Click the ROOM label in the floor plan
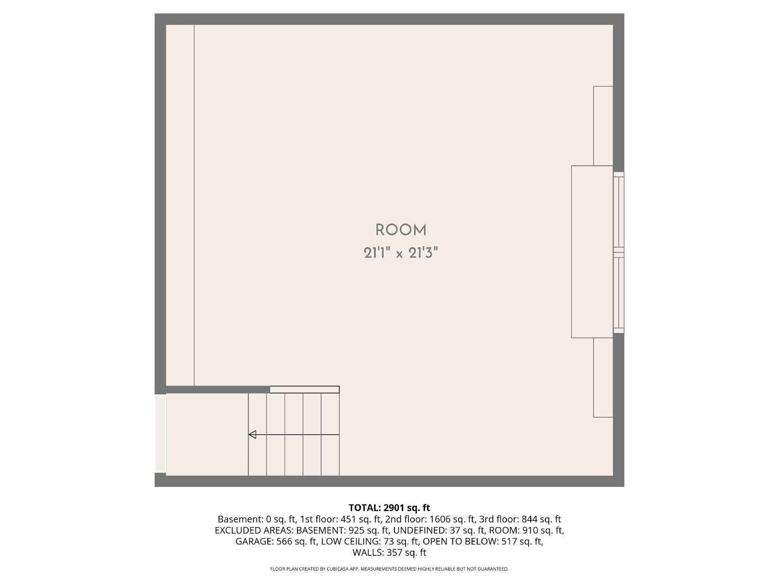[401, 230]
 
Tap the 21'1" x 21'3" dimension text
[401, 253]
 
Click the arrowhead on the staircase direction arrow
[252, 434]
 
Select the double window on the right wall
[619, 253]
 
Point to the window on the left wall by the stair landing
[160, 434]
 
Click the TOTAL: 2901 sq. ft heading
[389, 507]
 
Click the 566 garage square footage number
[285, 541]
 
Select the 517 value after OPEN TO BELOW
[510, 541]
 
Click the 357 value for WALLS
[395, 552]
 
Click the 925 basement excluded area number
[356, 530]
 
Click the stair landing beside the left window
[207, 434]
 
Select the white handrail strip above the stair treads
[304, 390]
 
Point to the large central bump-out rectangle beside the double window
[592, 252]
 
